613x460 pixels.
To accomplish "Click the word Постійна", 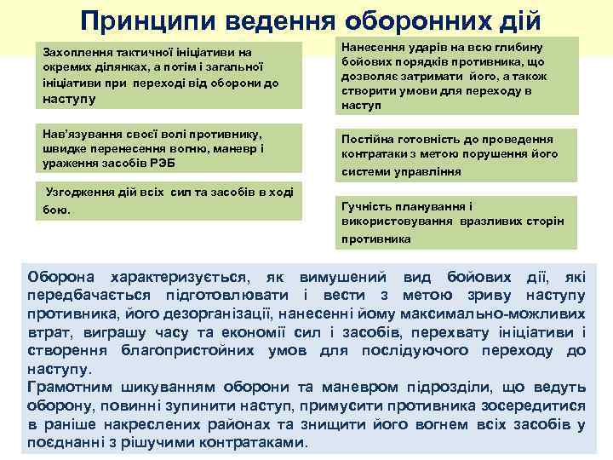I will (368, 139).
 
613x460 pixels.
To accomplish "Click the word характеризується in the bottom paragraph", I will (178, 278).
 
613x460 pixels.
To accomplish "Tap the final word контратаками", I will (255, 443).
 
